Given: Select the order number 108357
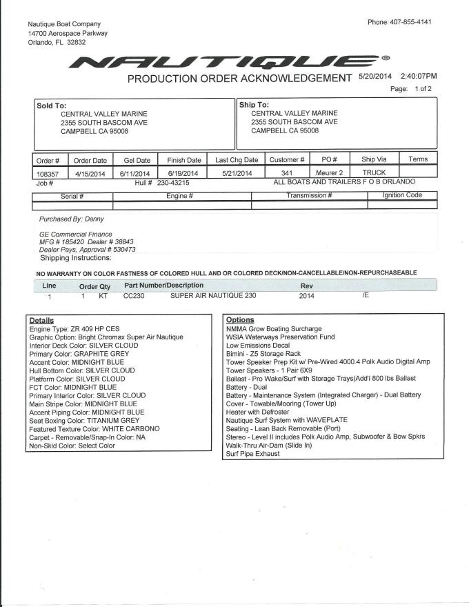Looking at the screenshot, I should coord(48,173).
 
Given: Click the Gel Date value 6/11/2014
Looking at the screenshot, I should coord(134,173).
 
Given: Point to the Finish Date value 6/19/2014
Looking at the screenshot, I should coord(183,173).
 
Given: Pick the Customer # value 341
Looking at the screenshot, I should coord(289,172).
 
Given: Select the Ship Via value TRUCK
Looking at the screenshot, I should coord(374,172).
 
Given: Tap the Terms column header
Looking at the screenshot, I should coord(418,159).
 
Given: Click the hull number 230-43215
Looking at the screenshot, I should coord(173,183).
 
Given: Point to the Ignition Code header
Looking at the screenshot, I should coord(403,195).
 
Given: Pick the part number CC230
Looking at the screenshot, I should coord(134,296).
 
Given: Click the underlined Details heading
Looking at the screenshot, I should coord(41,321).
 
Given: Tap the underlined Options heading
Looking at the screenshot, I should coord(240,320).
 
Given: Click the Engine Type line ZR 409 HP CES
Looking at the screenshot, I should coord(75,329).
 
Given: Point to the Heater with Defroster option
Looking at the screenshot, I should coord(257,412).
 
